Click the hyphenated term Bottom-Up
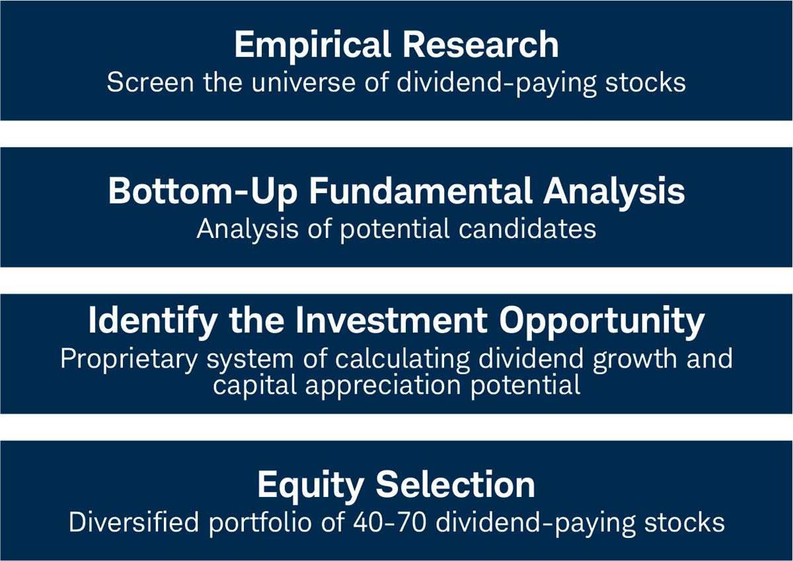(202, 192)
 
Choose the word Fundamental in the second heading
(421, 192)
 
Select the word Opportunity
(601, 321)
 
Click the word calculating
(402, 359)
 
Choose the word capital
(252, 384)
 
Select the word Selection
(456, 485)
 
